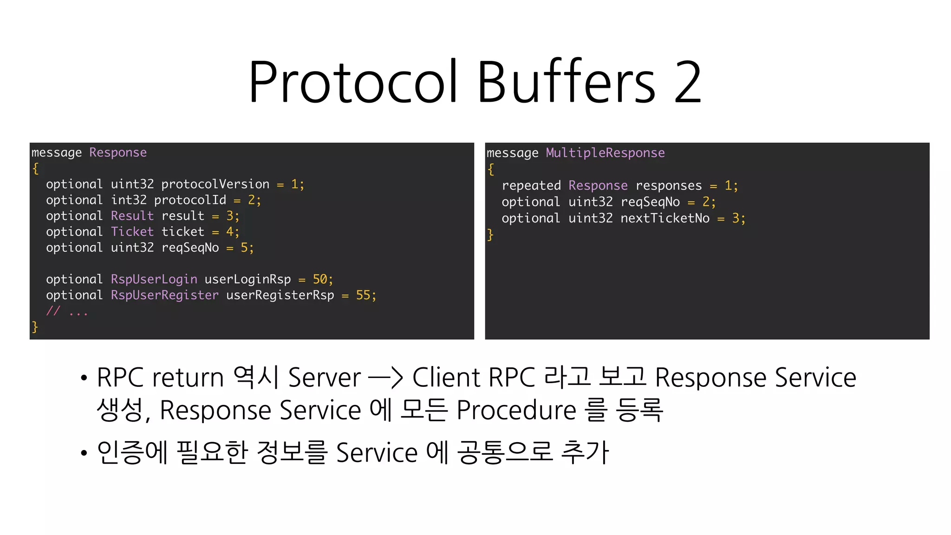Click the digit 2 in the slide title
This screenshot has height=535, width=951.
point(688,83)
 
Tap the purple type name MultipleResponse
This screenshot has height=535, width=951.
point(605,153)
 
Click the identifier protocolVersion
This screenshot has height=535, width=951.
point(215,184)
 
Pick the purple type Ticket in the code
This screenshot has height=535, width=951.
point(132,232)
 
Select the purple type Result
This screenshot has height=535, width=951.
point(132,216)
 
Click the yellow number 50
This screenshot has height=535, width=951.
point(320,279)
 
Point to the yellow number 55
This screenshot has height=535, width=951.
point(363,295)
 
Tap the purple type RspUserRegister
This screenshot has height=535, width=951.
point(164,295)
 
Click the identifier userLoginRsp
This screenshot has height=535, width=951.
point(248,279)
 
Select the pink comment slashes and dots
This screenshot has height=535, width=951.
point(67,311)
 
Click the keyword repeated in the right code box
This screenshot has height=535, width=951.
point(531,186)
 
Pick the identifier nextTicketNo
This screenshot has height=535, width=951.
point(665,218)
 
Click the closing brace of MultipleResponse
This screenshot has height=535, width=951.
point(490,235)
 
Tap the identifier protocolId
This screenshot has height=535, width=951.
point(190,200)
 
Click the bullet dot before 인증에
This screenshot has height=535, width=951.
point(84,453)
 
